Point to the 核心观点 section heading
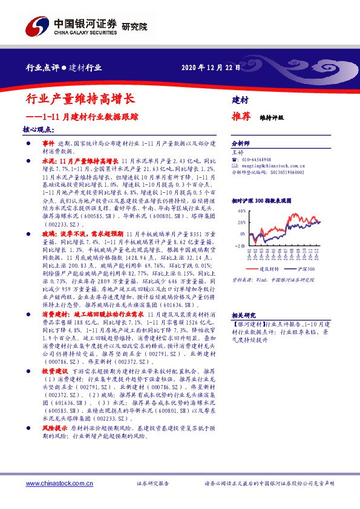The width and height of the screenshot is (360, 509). coord(38,129)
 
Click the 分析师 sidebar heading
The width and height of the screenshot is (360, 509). coord(241,144)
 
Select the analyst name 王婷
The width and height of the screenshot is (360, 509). coord(237,152)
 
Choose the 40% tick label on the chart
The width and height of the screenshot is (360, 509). coord(241,211)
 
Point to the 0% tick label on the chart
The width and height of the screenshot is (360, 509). coord(243,235)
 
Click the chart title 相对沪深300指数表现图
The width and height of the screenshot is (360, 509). coord(261,199)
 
